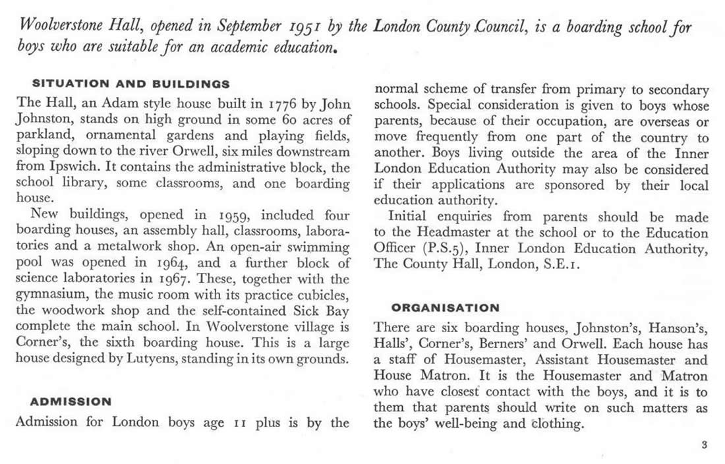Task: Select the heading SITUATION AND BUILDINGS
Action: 131,84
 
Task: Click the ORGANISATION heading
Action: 446,308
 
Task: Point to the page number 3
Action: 704,445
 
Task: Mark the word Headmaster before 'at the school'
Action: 459,233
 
